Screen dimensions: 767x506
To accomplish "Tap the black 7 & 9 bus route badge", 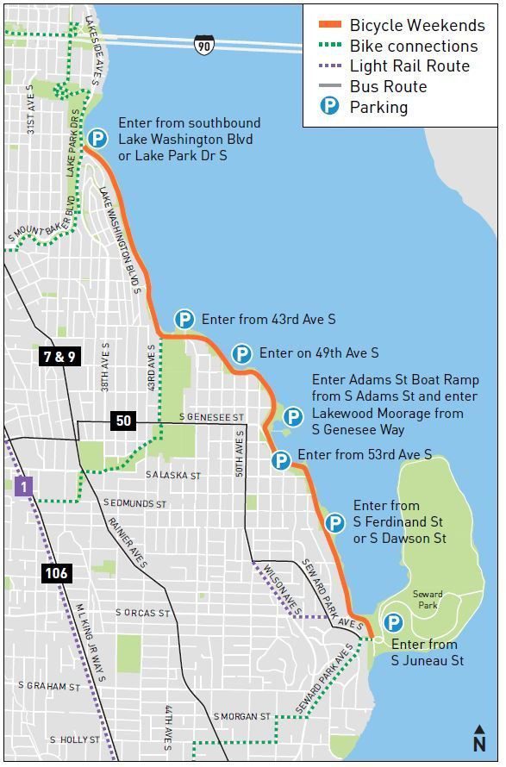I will pos(58,355).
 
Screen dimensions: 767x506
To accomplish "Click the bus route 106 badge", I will pos(54,572).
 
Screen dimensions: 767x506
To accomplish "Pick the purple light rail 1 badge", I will pos(24,487).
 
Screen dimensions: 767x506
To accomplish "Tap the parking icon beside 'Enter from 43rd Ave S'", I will pos(184,320).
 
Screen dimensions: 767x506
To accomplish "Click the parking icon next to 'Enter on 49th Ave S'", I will pos(242,353).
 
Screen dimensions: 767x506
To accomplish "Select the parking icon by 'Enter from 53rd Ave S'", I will pos(280,460).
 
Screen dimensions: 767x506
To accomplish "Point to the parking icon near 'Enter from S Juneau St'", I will pos(393,622).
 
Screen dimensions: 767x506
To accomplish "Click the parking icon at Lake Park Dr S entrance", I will pos(98,138).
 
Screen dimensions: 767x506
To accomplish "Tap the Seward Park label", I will pos(428,600).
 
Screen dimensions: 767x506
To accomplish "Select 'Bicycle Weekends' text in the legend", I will pos(416,26).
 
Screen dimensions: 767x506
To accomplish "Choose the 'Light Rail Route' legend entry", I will pos(409,66).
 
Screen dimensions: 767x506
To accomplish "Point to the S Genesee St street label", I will pos(212,417).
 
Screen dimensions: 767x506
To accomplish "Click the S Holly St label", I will pos(76,739).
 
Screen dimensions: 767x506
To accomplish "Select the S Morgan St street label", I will pos(244,716).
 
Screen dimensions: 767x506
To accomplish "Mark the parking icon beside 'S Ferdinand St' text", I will pos(334,522).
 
